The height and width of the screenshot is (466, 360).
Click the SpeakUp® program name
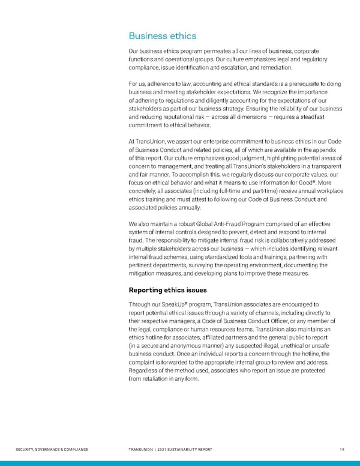[166, 304]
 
